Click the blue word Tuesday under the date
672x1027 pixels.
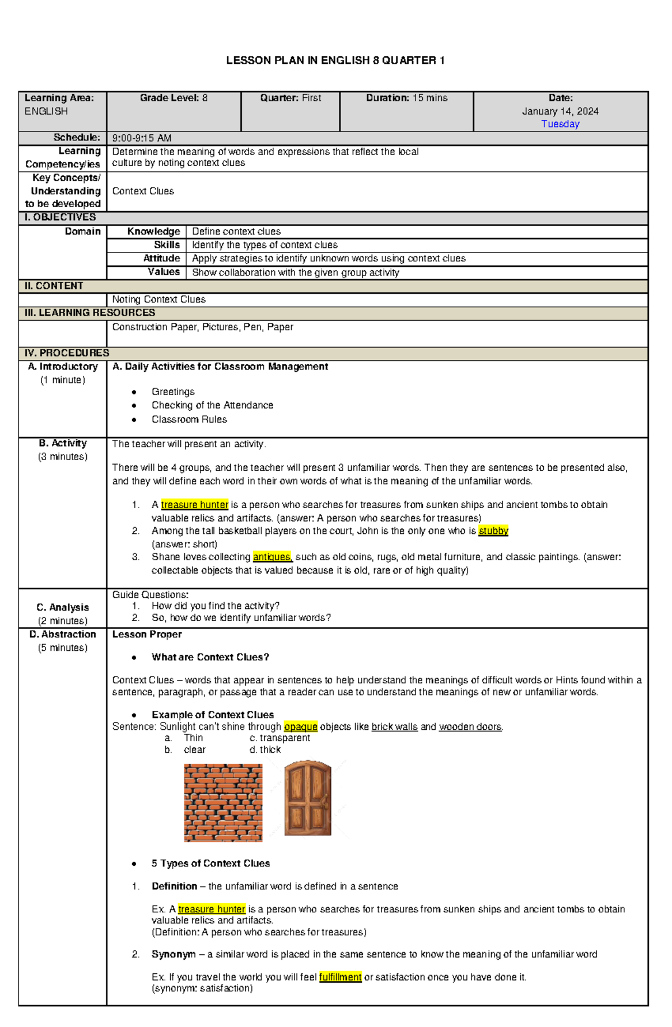point(560,124)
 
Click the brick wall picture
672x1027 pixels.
point(223,802)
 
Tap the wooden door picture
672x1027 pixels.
point(307,798)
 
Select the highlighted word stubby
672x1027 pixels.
point(493,531)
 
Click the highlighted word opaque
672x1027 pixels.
point(300,726)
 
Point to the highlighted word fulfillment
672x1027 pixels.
point(340,977)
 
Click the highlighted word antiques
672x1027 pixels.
point(272,557)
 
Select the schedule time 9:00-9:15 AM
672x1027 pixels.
point(142,138)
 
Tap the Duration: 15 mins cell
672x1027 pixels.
point(407,98)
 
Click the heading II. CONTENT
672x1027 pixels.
point(54,285)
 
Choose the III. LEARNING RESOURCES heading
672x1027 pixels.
point(90,312)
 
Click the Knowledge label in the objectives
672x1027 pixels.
point(153,231)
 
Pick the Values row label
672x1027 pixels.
point(164,271)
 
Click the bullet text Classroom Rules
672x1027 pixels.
point(189,419)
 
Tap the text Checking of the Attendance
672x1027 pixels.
point(212,405)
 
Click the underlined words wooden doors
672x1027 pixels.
point(470,726)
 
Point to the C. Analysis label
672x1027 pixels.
point(63,607)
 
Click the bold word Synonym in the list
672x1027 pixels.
point(174,954)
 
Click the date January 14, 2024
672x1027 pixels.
point(560,111)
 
